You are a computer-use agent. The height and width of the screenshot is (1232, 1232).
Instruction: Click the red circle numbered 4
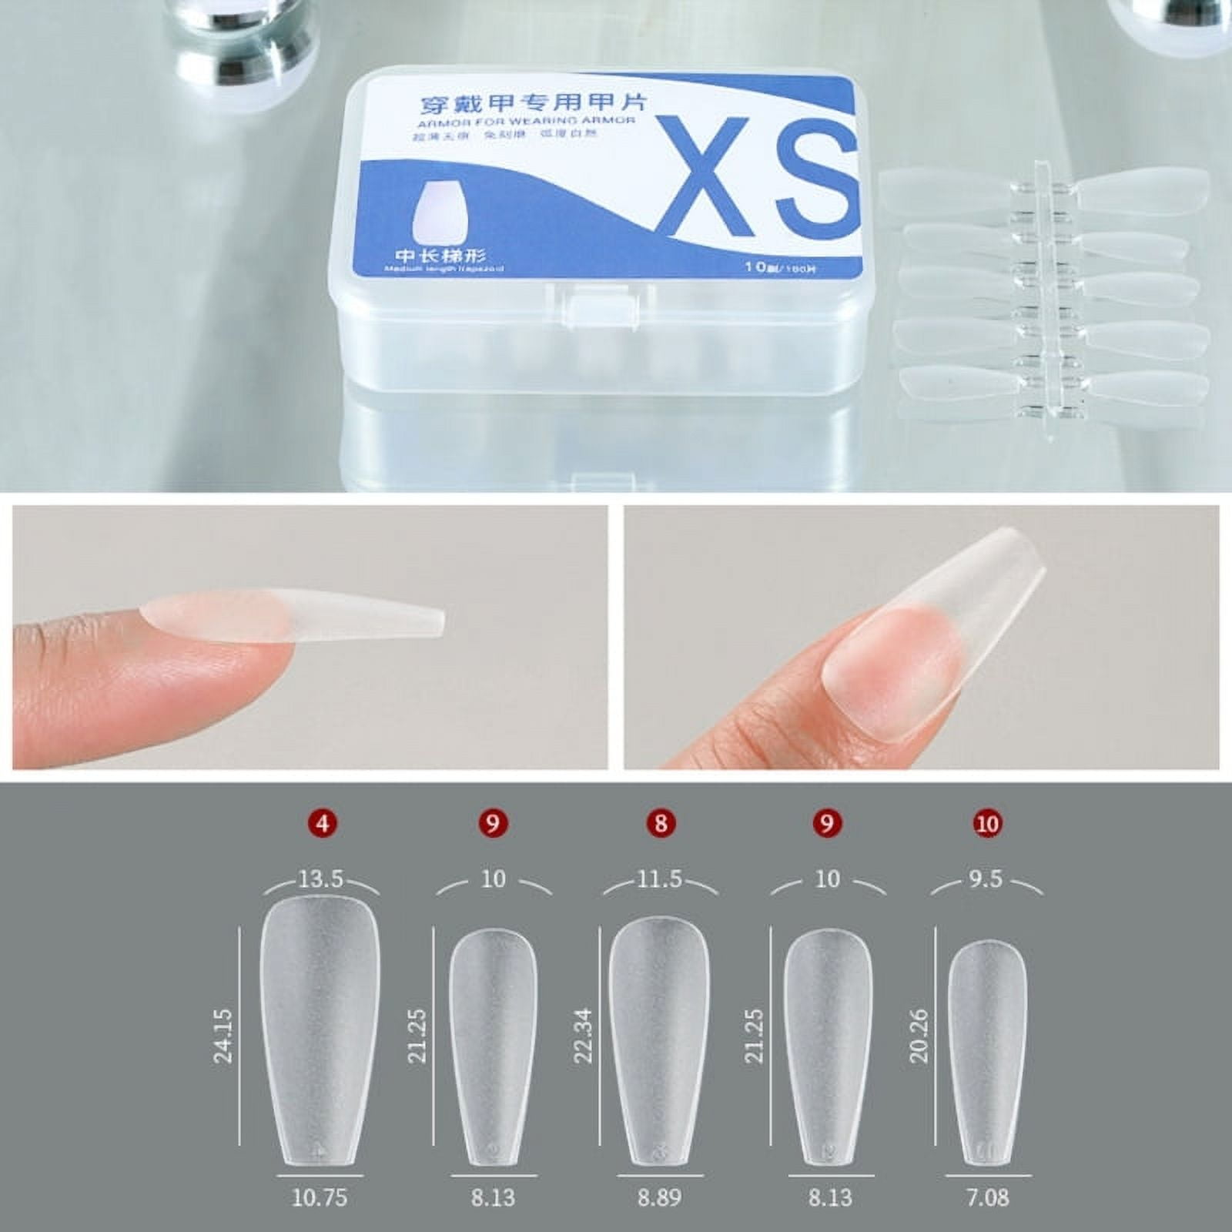[322, 823]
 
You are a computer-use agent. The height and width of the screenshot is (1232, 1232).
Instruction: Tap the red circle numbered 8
[660, 823]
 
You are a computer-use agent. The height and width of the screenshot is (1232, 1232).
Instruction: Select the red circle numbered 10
[986, 823]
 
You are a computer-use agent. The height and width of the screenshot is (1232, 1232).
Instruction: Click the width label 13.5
[320, 879]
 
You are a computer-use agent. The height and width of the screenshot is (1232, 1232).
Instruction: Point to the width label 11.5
[659, 879]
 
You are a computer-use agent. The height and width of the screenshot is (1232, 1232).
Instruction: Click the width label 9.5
[986, 879]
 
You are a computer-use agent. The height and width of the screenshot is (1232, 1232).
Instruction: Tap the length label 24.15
[223, 1036]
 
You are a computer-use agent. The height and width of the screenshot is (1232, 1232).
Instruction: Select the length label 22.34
[583, 1036]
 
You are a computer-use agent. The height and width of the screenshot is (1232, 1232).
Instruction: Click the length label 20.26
[919, 1036]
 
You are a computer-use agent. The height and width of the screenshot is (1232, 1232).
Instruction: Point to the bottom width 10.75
[320, 1197]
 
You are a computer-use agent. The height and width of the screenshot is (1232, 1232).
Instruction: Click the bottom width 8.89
[659, 1197]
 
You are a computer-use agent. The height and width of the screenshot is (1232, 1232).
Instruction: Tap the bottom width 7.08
[987, 1197]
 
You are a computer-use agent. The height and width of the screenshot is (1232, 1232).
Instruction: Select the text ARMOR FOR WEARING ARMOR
[527, 121]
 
